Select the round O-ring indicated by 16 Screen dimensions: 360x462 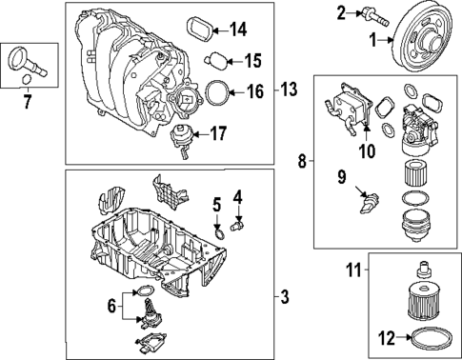click(217, 92)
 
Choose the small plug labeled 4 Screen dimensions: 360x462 click(238, 226)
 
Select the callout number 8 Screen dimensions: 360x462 click(303, 162)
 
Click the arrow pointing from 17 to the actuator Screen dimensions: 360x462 click(195, 134)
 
